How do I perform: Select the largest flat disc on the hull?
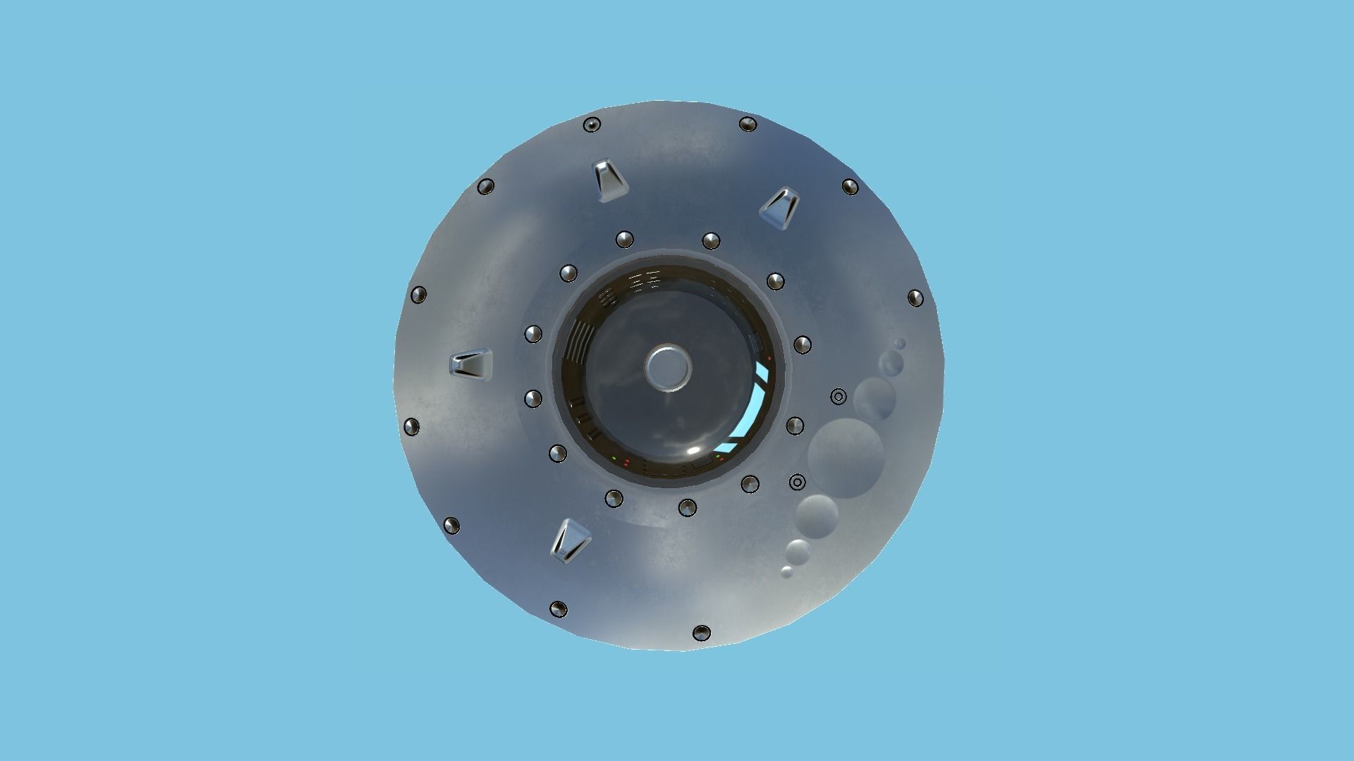point(845,459)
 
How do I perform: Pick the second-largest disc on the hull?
point(874,399)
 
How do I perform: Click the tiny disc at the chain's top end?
point(900,344)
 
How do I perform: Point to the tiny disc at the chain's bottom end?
point(787,571)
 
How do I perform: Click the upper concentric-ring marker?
point(838,397)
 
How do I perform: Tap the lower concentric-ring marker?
point(797,483)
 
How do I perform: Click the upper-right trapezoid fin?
point(780,206)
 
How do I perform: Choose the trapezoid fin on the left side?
point(469,366)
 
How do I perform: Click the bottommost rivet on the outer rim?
point(701,633)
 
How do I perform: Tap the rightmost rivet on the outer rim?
point(915,297)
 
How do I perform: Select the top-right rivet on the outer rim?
point(748,125)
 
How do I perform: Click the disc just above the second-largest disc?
point(891,364)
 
